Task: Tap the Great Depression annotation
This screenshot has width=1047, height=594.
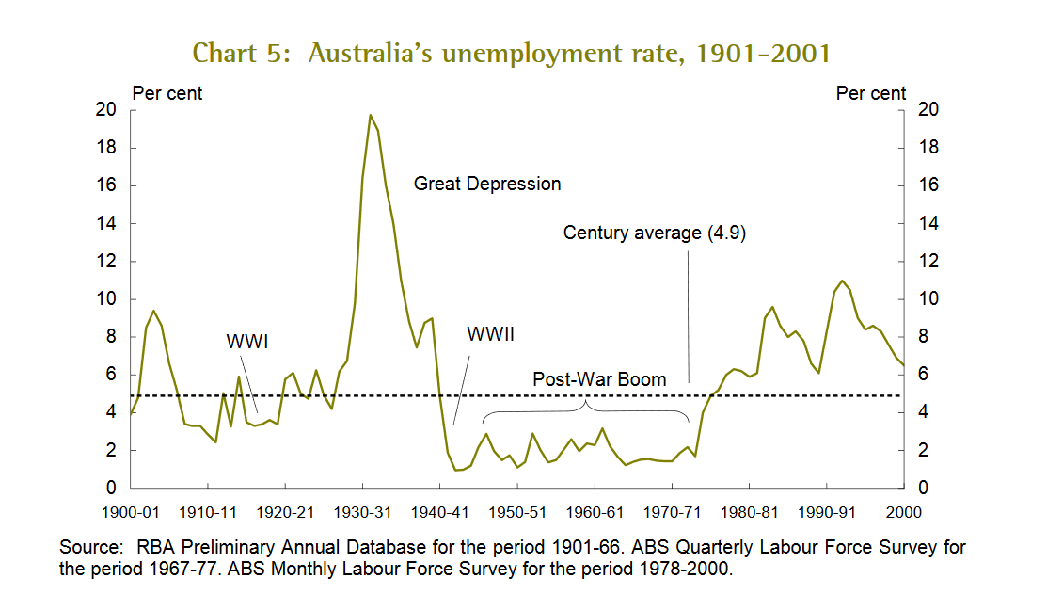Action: point(487,184)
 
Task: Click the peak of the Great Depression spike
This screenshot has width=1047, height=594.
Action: point(370,115)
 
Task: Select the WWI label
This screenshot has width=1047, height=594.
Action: point(247,341)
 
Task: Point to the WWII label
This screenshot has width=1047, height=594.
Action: point(490,334)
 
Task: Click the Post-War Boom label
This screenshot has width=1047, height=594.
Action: point(599,379)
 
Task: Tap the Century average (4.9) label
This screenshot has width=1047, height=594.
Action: point(654,233)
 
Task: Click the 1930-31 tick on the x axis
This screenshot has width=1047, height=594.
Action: point(362,512)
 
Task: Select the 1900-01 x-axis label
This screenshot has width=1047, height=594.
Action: point(130,512)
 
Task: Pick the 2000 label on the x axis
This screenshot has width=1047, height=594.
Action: point(903,512)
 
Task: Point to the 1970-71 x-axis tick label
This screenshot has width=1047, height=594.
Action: point(672,512)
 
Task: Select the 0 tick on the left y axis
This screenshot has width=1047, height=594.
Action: point(110,489)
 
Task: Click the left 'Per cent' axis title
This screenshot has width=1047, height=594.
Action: point(167,93)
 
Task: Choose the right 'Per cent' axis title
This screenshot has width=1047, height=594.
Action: point(871,93)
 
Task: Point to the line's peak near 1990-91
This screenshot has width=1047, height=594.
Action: point(842,281)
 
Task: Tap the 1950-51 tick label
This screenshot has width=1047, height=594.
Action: point(516,512)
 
